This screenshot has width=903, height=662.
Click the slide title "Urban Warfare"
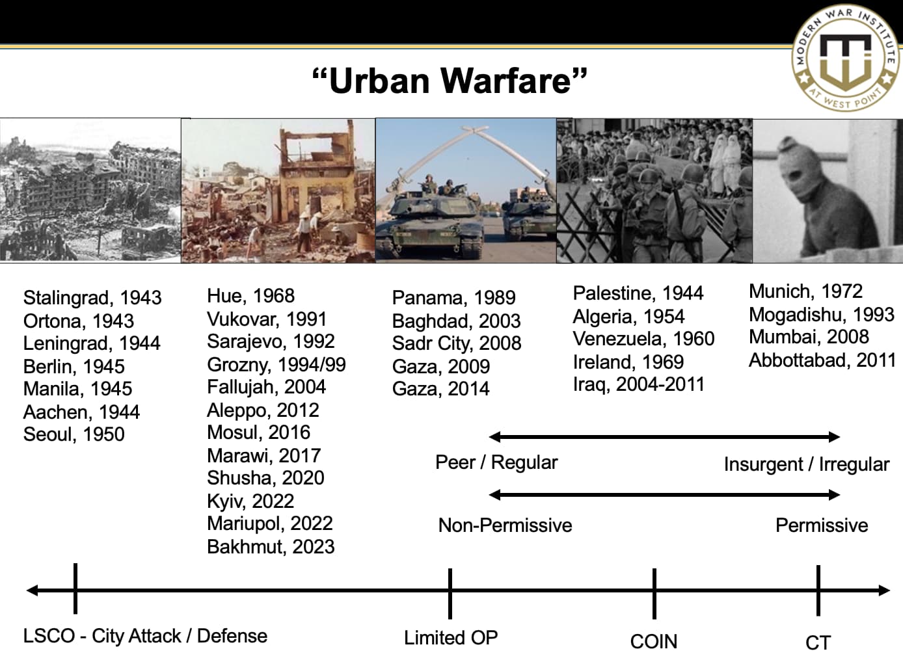pyautogui.click(x=450, y=81)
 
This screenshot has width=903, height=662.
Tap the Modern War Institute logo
pyautogui.click(x=845, y=58)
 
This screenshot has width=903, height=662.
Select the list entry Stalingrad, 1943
pyautogui.click(x=92, y=298)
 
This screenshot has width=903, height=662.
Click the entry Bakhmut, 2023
pyautogui.click(x=271, y=547)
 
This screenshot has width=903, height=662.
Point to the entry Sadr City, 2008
pyautogui.click(x=456, y=343)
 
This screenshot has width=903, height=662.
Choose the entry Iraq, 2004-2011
pyautogui.click(x=638, y=384)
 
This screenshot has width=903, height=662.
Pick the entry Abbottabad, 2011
pyautogui.click(x=822, y=360)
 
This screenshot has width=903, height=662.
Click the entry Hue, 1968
pyautogui.click(x=250, y=296)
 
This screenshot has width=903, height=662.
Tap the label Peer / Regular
pyautogui.click(x=496, y=462)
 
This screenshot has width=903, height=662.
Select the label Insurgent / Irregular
pyautogui.click(x=806, y=464)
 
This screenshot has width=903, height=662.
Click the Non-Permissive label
pyautogui.click(x=505, y=525)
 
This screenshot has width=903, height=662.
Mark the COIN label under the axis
pyautogui.click(x=653, y=642)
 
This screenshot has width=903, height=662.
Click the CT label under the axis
pyautogui.click(x=818, y=643)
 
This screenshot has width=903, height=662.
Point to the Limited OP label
pyautogui.click(x=451, y=638)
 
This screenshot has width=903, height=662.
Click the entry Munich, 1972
pyautogui.click(x=805, y=291)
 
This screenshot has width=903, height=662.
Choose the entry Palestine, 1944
pyautogui.click(x=638, y=293)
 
